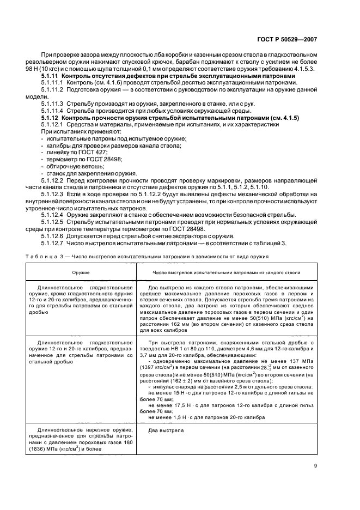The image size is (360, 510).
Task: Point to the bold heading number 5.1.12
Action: (x=50, y=117)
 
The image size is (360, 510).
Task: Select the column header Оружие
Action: (x=82, y=271)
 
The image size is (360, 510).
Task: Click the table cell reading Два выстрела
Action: (x=166, y=430)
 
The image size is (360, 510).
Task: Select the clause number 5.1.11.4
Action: (x=52, y=110)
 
